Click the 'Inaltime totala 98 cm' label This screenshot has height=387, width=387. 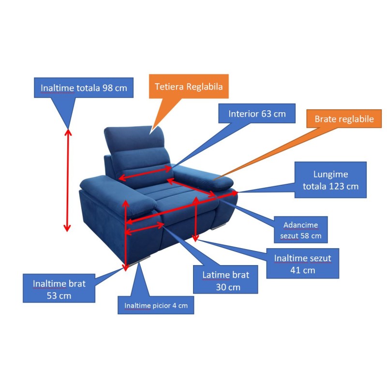click(84, 88)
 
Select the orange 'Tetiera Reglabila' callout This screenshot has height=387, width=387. click(189, 87)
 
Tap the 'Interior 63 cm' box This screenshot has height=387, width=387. click(257, 114)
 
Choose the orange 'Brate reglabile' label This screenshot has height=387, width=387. click(344, 119)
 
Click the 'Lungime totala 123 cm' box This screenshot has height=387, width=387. click(330, 180)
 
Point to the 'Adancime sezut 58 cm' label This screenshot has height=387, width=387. click(301, 230)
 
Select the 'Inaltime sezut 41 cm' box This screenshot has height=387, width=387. click(303, 264)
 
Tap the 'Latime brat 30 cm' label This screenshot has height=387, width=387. click(225, 280)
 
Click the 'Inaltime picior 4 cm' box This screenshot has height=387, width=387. click(156, 305)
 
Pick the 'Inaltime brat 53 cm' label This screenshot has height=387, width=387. click(59, 288)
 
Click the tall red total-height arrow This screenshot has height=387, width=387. click(68, 180)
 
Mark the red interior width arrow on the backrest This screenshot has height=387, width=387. click(145, 173)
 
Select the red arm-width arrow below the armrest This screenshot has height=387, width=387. click(144, 228)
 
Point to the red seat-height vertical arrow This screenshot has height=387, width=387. click(195, 219)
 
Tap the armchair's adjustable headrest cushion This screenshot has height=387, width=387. click(134, 139)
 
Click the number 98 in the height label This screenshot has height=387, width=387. click(107, 88)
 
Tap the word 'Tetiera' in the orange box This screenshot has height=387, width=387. click(169, 87)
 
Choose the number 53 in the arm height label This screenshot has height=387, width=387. click(52, 296)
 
